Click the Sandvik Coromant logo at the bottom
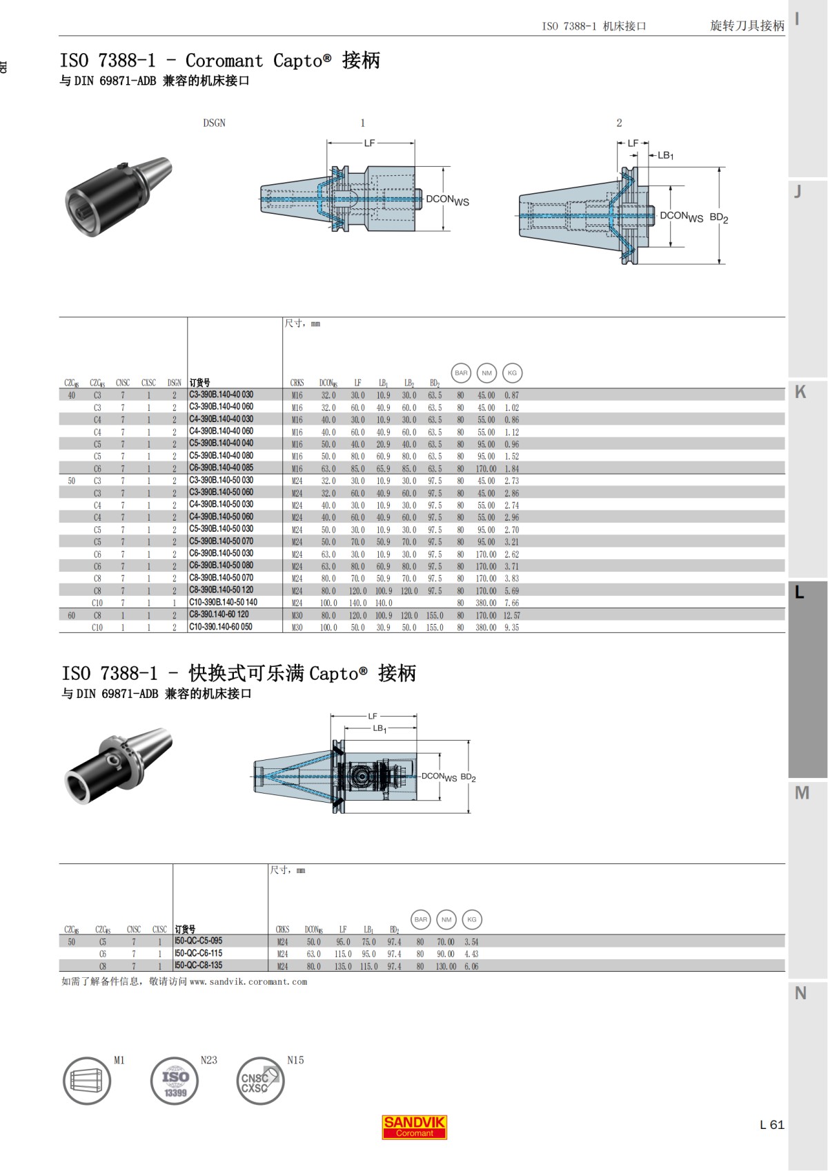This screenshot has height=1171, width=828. (414, 1127)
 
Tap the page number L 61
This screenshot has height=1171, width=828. (771, 1125)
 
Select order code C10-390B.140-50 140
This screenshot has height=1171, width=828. (223, 602)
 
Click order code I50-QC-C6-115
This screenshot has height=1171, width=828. (199, 953)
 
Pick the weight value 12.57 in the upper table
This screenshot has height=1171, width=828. (512, 615)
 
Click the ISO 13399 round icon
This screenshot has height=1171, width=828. (175, 1081)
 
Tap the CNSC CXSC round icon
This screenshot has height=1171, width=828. (260, 1081)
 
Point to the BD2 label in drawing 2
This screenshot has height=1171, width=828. (718, 217)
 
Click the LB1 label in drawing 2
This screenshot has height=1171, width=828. (665, 156)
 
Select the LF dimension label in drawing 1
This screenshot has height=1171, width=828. (369, 143)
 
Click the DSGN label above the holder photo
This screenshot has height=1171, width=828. (214, 123)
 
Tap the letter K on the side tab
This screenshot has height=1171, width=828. (800, 392)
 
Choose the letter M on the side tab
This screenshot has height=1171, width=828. (801, 793)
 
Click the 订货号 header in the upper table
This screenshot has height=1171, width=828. (200, 383)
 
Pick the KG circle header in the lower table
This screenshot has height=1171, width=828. (471, 919)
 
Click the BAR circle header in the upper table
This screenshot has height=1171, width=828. (461, 373)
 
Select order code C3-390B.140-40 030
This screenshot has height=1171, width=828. (221, 395)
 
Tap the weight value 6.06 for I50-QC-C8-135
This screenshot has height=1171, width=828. (471, 966)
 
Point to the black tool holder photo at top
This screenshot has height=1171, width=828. (117, 195)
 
